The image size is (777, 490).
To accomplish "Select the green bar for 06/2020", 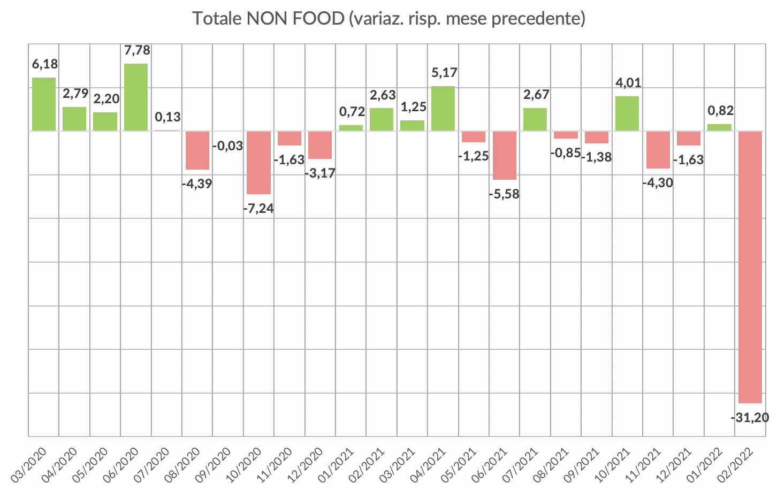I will pos(136,97).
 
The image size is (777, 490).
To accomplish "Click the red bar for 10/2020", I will pos(258,162).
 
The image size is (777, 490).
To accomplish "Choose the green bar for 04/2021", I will pos(443,108).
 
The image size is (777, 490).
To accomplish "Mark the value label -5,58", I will pos(504,194).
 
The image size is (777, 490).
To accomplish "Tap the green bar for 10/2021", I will pos(627,113).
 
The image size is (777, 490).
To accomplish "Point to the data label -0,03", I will pos(228,146).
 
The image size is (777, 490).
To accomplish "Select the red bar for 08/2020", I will pos(197,150).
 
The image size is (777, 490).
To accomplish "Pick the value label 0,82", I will pos(720,111).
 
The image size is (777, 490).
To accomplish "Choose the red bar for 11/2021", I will pos(658,149).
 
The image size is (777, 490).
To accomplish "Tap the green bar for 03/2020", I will pos(44,104).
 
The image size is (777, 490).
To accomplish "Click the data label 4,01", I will pos(628,83).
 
